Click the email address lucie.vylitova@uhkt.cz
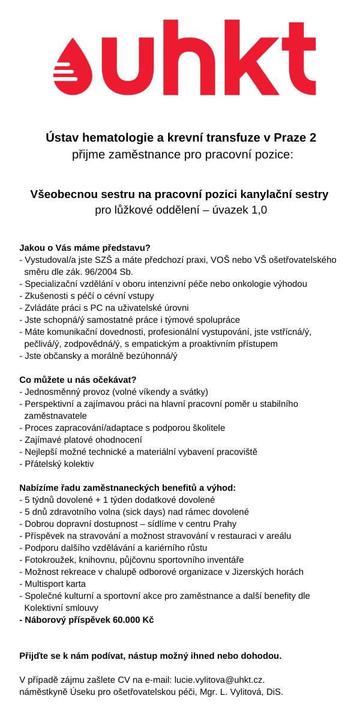coord(219,680)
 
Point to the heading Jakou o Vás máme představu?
coord(85,247)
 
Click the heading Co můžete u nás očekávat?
coord(78,379)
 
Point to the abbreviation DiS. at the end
coord(274,692)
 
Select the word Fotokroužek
coord(50,559)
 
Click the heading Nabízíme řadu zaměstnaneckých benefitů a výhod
coord(127,487)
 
